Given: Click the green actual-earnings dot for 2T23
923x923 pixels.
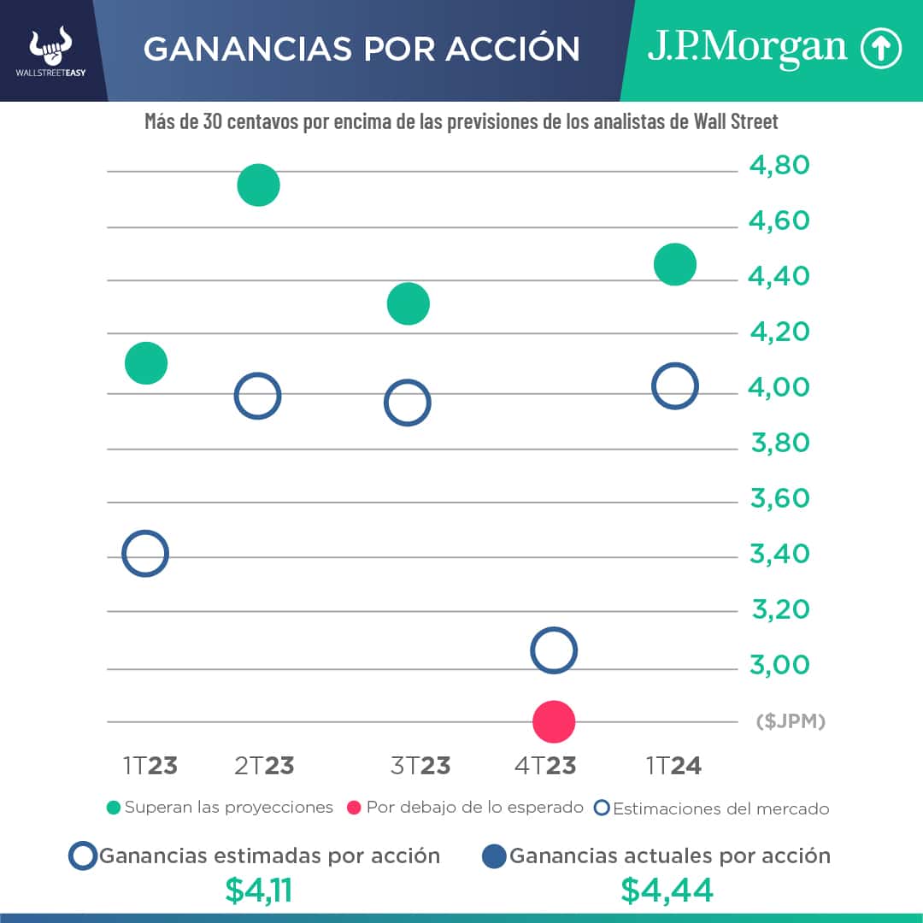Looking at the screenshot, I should click(x=258, y=185).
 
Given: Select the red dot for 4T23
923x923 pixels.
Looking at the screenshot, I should click(x=553, y=721).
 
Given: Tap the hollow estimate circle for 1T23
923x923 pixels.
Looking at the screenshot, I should click(x=145, y=553).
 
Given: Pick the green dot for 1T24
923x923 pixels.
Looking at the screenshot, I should click(x=674, y=264).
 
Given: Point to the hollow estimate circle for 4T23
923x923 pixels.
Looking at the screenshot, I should click(x=553, y=651).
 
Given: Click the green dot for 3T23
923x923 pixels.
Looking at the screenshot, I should click(x=408, y=303).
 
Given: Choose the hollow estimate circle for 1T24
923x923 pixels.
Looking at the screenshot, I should click(x=674, y=386).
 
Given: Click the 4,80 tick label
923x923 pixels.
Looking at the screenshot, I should click(x=779, y=165).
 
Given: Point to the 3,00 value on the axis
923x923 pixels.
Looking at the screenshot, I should click(x=779, y=665).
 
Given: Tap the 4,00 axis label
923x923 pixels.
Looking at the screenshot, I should click(x=779, y=387).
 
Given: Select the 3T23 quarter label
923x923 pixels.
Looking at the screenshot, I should click(x=420, y=766).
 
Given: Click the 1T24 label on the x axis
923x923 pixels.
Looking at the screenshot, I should click(x=673, y=766).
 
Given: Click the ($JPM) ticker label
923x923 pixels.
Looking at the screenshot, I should click(x=791, y=721).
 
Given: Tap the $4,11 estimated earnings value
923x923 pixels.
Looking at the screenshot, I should click(x=259, y=891).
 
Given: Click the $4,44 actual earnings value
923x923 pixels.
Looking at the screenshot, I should click(x=667, y=891).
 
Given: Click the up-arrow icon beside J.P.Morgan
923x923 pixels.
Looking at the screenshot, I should click(x=880, y=50).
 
